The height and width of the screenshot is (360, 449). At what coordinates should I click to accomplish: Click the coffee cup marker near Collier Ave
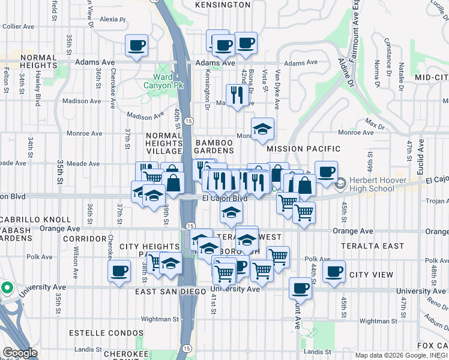click(137, 45)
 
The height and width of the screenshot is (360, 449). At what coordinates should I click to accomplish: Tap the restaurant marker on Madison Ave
click(238, 94)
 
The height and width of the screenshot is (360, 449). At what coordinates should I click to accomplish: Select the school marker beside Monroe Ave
click(262, 128)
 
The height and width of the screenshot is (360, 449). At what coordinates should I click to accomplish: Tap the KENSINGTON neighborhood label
click(222, 5)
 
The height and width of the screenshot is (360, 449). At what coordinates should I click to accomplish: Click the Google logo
click(20, 353)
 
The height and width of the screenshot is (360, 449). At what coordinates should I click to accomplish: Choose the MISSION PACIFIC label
click(304, 148)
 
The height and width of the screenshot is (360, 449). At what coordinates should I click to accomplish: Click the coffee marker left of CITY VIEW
click(334, 271)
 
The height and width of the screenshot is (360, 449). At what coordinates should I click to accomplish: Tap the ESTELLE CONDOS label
click(106, 332)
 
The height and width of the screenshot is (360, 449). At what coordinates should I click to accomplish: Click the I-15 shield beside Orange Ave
click(189, 226)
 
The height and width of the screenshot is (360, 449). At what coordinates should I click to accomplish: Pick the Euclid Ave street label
click(421, 153)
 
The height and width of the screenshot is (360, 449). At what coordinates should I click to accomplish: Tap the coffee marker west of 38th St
click(119, 271)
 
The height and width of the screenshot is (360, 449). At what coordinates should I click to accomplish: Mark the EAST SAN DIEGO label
click(172, 292)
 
